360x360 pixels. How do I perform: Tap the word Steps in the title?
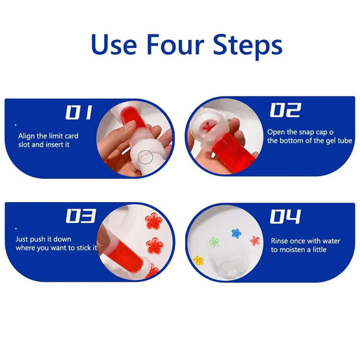(245, 46)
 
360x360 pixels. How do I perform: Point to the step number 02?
(285, 111)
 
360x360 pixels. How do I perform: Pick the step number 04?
(284, 216)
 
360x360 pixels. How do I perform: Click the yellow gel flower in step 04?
(199, 260)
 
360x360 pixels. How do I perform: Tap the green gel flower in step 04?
(215, 241)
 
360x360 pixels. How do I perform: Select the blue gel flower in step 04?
(236, 233)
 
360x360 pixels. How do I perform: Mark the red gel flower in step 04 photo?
(255, 240)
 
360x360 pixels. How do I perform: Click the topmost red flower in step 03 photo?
(153, 221)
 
